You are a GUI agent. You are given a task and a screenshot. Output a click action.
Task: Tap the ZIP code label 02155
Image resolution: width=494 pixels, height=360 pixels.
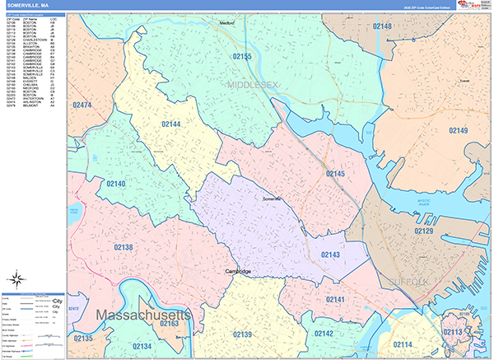click(x=242, y=57)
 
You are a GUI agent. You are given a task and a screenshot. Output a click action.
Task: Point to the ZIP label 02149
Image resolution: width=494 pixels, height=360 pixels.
click(x=459, y=131)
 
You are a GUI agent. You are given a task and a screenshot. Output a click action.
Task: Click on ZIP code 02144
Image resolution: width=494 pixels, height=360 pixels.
click(x=170, y=124)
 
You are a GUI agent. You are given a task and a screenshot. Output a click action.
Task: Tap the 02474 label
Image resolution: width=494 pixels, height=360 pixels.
click(x=83, y=105)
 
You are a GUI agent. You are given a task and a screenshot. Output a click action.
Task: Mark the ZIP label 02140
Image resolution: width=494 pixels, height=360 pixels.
click(x=115, y=184)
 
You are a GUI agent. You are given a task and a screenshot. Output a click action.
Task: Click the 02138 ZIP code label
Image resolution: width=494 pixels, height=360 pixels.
click(x=123, y=247)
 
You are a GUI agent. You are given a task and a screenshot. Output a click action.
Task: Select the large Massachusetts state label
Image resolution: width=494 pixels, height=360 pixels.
click(x=143, y=316)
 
